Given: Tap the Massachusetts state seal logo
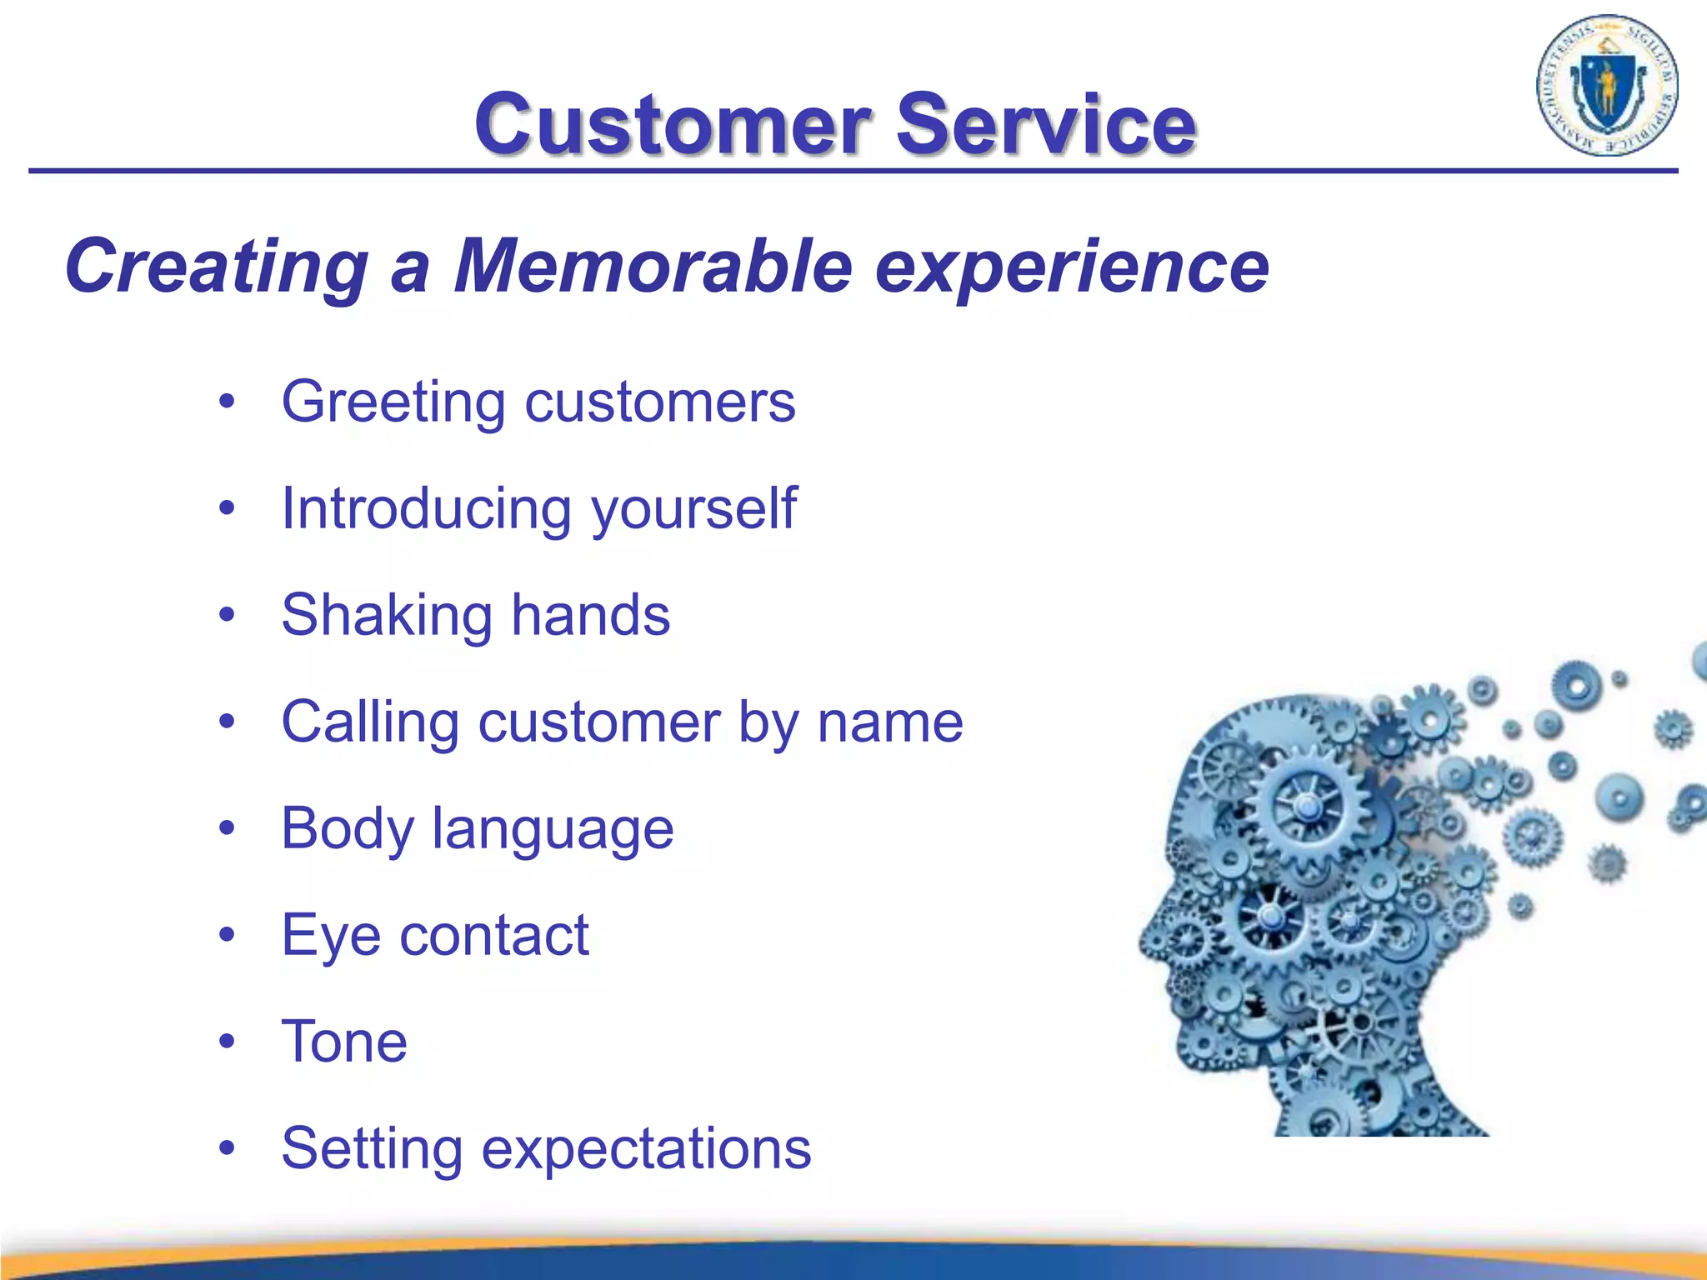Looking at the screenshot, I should pos(1606,86).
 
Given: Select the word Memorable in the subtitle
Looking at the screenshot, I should pos(653,267).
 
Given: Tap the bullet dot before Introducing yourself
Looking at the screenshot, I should pos(227,507).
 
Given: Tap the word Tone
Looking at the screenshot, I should pos(344,1042).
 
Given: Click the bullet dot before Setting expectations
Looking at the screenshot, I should pos(227,1147).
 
